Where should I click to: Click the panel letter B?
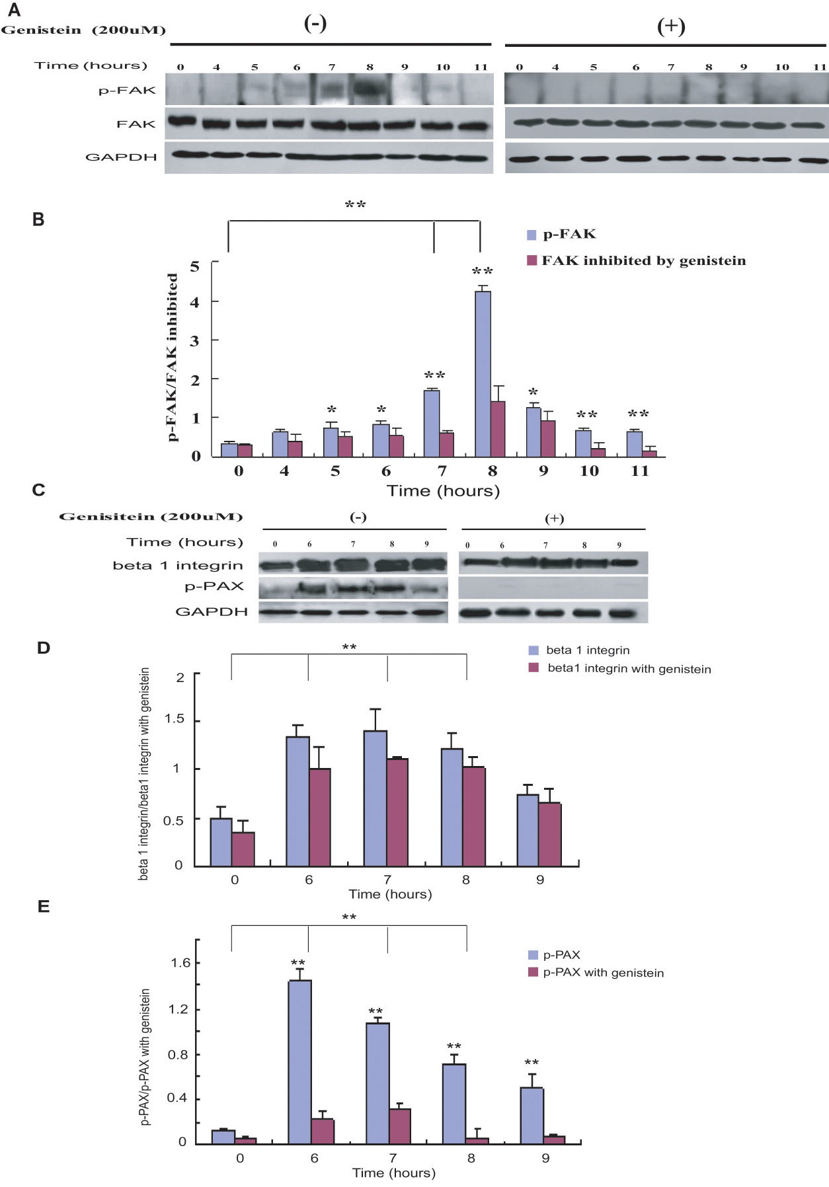[38, 219]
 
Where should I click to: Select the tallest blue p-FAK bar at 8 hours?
[483, 373]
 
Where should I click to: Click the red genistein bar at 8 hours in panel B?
[498, 429]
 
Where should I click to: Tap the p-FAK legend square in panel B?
[532, 235]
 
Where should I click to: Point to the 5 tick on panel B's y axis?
[194, 266]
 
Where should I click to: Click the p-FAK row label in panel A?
[127, 91]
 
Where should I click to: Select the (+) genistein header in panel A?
[670, 26]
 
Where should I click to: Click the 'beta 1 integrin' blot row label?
[178, 566]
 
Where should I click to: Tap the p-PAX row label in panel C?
[214, 586]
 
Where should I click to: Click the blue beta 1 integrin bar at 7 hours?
[375, 798]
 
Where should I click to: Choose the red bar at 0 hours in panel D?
[243, 849]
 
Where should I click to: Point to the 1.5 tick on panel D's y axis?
[175, 719]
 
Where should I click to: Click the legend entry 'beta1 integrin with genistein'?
[629, 669]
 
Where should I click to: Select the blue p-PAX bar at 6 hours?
[300, 1061]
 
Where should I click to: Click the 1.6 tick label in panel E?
[180, 963]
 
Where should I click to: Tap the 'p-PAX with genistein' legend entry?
[603, 973]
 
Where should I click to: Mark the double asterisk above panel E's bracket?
[349, 917]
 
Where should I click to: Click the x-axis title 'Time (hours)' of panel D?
[390, 894]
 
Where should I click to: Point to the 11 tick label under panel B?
[640, 471]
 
